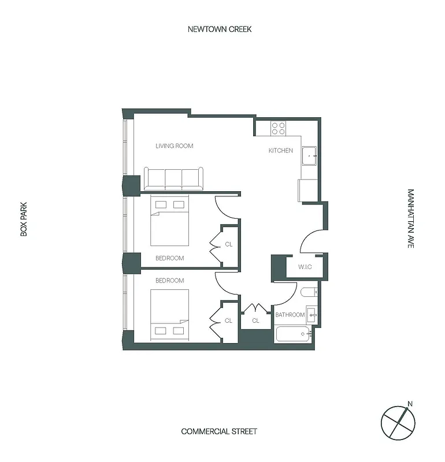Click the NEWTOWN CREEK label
220,29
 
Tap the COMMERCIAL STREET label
219,431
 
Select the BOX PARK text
24,219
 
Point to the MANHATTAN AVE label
410,219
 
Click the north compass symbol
398,422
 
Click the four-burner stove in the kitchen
279,128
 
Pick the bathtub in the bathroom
293,334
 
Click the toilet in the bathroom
307,292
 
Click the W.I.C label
305,267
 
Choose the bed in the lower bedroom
169,312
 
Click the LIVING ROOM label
174,146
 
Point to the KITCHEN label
281,151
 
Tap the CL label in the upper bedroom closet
228,244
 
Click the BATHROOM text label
290,315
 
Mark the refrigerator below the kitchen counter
307,190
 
